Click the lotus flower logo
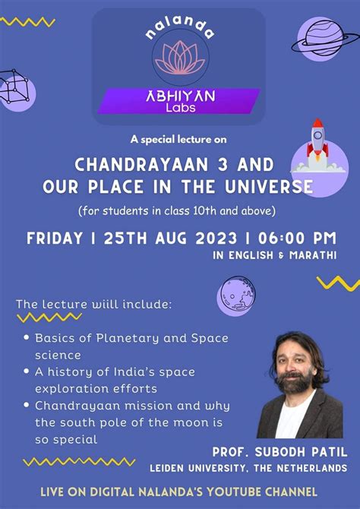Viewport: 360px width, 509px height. coord(180,57)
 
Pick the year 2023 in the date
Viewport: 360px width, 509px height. coord(214,238)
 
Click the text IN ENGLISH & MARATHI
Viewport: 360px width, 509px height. coord(274,256)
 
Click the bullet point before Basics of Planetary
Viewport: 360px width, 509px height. coord(27,337)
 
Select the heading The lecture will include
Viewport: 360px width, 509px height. coord(93,305)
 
